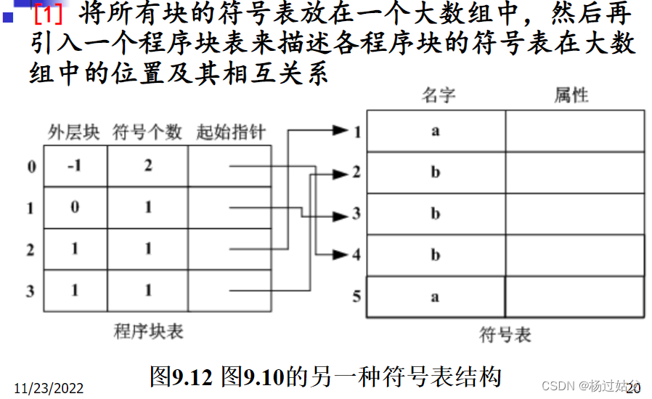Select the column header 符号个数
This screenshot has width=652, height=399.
tap(147, 133)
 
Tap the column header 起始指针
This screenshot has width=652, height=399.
tap(230, 133)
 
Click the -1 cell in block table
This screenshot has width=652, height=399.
tap(75, 166)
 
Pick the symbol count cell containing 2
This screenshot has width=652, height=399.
tap(148, 166)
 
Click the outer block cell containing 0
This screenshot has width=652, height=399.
tap(75, 208)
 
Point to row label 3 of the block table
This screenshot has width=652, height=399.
tap(30, 291)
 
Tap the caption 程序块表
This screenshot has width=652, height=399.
tap(149, 332)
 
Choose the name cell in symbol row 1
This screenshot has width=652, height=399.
tap(436, 132)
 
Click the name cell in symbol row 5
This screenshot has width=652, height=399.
tap(436, 297)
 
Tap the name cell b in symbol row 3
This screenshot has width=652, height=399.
tap(436, 214)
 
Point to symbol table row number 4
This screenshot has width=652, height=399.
tap(356, 256)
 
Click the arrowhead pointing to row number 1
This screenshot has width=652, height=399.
tap(341, 131)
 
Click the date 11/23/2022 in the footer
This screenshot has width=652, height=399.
tap(48, 387)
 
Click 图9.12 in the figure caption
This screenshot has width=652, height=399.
tap(180, 376)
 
